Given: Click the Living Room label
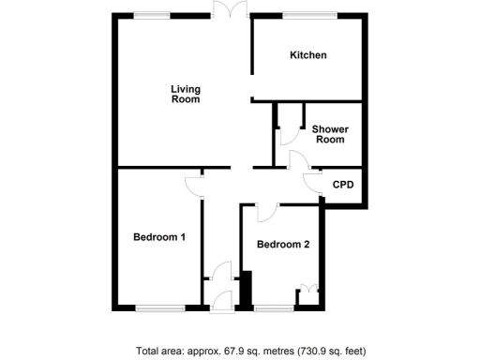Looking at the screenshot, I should (185, 95).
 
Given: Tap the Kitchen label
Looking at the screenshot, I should (307, 55).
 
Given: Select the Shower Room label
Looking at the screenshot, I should (328, 134).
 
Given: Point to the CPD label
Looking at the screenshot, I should (343, 185).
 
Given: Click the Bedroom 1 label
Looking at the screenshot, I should (158, 237).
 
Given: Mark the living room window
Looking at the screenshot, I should (151, 14).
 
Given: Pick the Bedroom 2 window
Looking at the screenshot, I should (273, 307).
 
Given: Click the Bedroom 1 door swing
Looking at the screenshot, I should (194, 184).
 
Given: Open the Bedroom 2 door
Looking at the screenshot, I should (264, 212).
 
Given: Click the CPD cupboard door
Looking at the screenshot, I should (313, 183).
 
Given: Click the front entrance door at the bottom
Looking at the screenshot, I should (222, 302).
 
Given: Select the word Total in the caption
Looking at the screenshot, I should (149, 352).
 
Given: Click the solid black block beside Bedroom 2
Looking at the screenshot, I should (247, 290).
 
